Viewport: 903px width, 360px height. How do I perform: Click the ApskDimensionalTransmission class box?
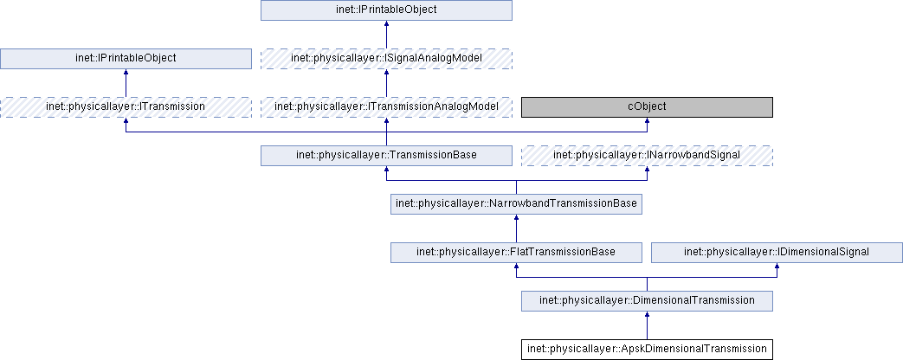pyautogui.click(x=647, y=349)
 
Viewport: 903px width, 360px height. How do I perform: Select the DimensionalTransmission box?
pyautogui.click(x=647, y=300)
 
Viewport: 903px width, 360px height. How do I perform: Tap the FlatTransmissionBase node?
pyautogui.click(x=516, y=252)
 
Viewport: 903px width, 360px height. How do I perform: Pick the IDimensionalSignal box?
pyautogui.click(x=777, y=252)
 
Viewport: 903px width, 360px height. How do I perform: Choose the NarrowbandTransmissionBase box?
pyautogui.click(x=516, y=204)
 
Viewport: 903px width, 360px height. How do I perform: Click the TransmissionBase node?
pyautogui.click(x=386, y=156)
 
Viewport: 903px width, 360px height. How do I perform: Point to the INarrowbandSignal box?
pyautogui.click(x=647, y=156)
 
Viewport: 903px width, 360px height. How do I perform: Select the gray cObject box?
pyautogui.click(x=647, y=106)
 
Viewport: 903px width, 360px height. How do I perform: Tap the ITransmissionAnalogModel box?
pyautogui.click(x=386, y=106)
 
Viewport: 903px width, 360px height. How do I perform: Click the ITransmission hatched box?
pyautogui.click(x=126, y=106)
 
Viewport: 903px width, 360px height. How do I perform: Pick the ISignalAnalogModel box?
pyautogui.click(x=386, y=59)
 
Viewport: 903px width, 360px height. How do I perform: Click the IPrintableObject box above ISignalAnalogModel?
pyautogui.click(x=386, y=10)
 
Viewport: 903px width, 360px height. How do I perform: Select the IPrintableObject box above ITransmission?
pyautogui.click(x=126, y=59)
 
